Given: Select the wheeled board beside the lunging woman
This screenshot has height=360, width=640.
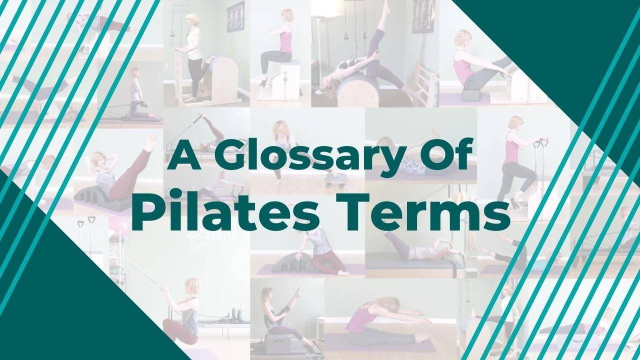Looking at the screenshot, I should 333,180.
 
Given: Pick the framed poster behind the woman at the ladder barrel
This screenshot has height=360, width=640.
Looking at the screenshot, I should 235,16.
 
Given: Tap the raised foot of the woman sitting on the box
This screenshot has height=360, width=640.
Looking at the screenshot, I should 299,289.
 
